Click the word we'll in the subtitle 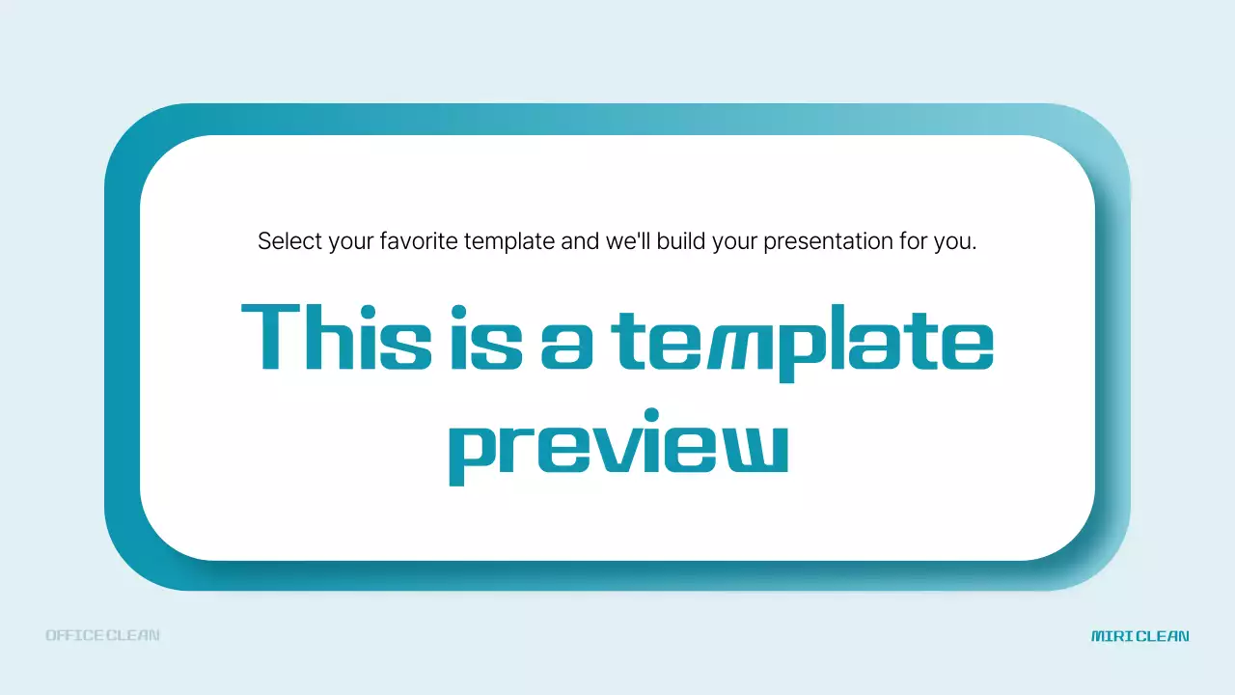629,241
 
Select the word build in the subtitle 681,241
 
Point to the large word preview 617,449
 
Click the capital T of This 271,336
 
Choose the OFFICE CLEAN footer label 102,635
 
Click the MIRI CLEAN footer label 1140,636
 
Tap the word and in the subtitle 581,241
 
